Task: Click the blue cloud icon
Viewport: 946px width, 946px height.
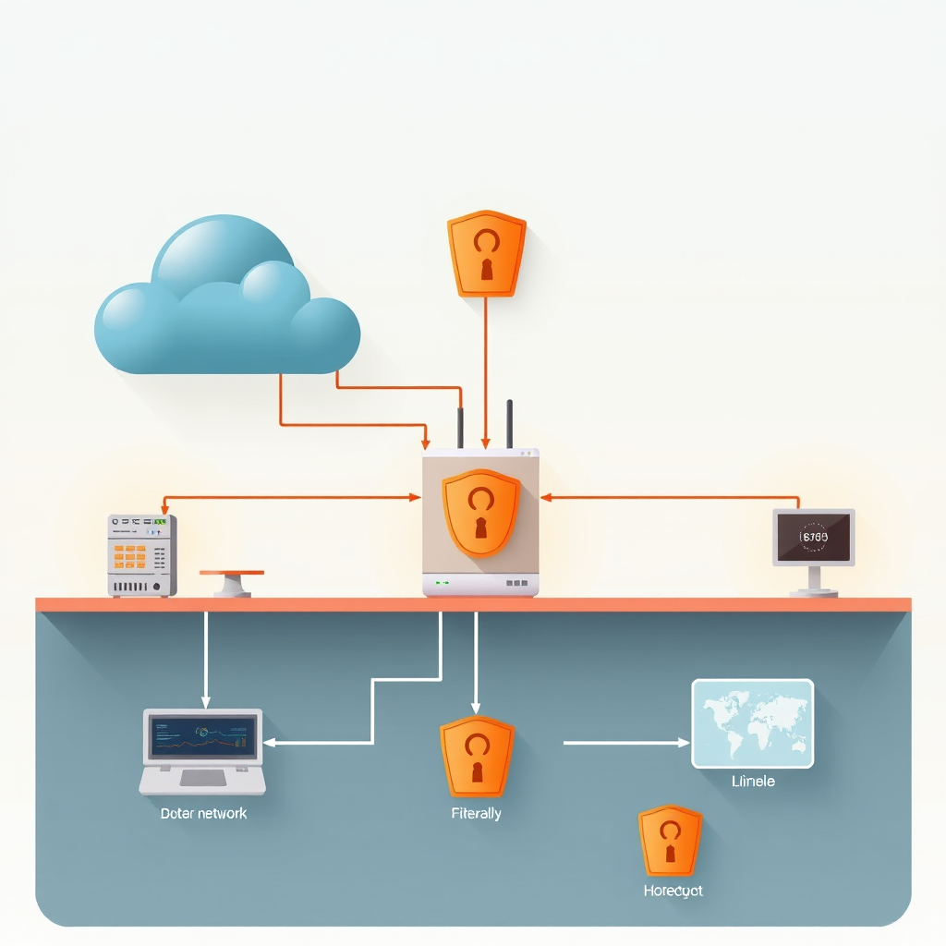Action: point(226,300)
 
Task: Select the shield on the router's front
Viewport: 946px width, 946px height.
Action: point(480,512)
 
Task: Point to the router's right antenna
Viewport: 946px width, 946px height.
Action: point(509,424)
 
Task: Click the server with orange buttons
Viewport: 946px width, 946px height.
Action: point(141,554)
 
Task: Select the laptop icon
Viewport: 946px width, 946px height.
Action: point(202,751)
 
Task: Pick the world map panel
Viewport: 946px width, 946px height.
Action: point(753,723)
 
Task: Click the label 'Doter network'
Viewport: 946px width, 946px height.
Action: point(203,813)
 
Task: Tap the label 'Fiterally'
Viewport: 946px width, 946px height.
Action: point(477,813)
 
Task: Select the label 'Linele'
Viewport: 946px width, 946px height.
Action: point(753,782)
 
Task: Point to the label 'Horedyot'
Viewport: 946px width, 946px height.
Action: point(673,891)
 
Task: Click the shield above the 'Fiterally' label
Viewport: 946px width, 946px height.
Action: point(477,756)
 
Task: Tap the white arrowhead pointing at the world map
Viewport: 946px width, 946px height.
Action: point(684,742)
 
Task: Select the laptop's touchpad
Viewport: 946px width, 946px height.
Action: point(203,778)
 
